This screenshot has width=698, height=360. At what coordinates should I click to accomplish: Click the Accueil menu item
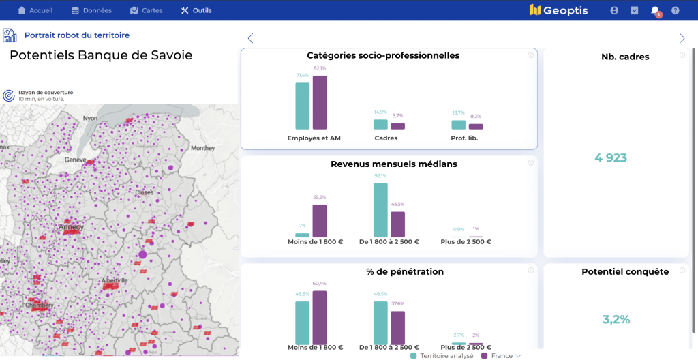tap(35, 10)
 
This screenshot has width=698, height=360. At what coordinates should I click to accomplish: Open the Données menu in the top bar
tap(92, 10)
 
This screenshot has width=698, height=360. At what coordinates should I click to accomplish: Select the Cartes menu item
tap(146, 10)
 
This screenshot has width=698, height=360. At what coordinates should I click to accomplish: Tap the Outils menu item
tap(196, 10)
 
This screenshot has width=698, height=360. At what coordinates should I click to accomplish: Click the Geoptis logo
tap(558, 10)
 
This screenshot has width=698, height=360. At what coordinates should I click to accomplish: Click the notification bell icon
tap(655, 10)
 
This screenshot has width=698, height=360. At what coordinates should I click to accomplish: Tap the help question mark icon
tap(675, 10)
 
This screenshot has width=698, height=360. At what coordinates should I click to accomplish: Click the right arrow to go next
tap(682, 38)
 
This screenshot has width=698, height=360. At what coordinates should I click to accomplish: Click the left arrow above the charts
tap(250, 38)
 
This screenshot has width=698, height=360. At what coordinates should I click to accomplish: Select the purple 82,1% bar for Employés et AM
tap(320, 102)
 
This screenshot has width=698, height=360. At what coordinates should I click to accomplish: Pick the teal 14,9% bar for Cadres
tap(380, 124)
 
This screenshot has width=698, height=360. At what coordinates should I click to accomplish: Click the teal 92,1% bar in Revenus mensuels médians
tap(380, 210)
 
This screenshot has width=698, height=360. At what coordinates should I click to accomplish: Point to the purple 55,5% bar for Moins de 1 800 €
tap(320, 220)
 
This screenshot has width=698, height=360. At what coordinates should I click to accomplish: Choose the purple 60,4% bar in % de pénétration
tap(320, 318)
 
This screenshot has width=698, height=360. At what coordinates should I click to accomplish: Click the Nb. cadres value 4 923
tap(610, 158)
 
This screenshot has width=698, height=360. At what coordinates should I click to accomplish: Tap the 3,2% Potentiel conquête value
tap(616, 319)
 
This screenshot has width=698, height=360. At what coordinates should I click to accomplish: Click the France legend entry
tap(501, 355)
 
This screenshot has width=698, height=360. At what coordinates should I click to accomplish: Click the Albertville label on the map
tap(114, 280)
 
